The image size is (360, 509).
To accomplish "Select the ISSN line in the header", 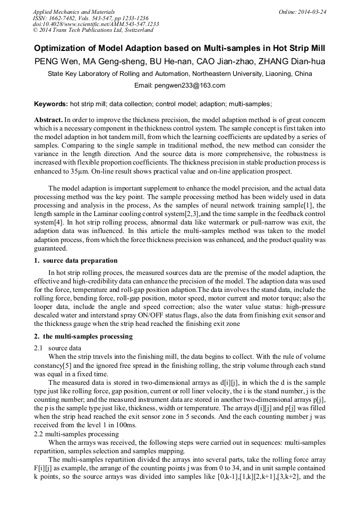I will (90, 18).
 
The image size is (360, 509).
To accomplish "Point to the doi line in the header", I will (96, 24).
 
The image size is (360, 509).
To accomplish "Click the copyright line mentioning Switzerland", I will (93, 30).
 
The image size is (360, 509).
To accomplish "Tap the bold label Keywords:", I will (51, 105).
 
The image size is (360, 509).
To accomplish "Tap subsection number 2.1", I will (38, 348).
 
